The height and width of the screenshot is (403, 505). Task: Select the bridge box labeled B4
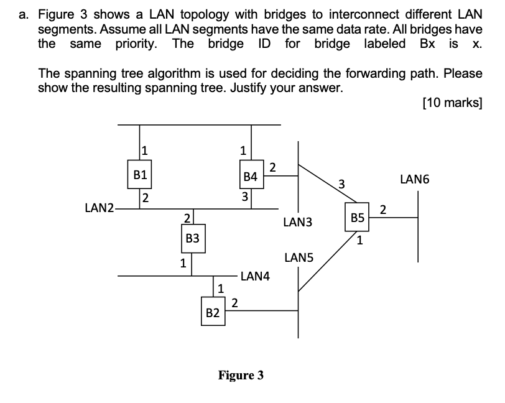coord(251,177)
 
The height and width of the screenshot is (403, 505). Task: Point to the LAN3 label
coord(297,222)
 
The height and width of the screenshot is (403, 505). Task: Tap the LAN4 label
coord(255,276)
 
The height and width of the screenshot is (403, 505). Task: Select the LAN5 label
coord(299,257)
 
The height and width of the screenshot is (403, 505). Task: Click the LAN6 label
coord(415,180)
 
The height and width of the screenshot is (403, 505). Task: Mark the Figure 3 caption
coord(241,375)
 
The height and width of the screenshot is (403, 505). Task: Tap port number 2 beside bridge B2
coord(234,303)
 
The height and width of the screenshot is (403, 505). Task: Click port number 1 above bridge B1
coord(144,149)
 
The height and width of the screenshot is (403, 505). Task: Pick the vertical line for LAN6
coord(418,226)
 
